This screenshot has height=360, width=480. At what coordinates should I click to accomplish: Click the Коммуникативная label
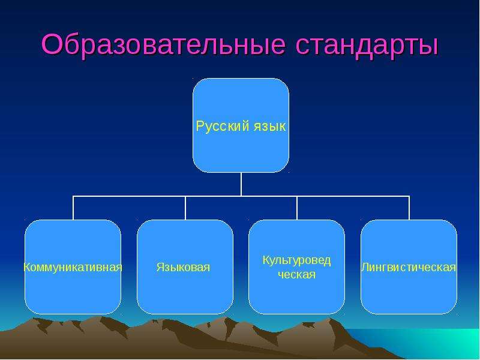coord(73,267)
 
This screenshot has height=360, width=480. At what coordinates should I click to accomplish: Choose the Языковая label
coord(183,267)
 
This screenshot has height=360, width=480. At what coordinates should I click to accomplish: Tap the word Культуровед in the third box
coord(296,260)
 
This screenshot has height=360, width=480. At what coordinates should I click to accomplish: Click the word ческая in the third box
coord(296,275)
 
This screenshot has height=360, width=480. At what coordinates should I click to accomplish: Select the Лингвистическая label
coord(409,267)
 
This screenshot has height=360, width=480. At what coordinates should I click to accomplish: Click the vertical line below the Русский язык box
coord(241,184)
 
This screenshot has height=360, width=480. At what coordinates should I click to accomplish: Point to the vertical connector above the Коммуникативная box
coord(73,208)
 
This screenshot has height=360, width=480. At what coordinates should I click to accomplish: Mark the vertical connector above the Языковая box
coord(185,208)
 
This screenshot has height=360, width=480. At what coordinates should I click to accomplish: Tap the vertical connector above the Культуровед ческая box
coord(297,208)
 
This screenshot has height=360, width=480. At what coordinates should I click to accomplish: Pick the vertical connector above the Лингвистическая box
coord(409,208)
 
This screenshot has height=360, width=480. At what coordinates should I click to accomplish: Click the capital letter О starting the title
coord(52,44)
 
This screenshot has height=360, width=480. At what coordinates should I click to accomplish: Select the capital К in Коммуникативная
coord(27,267)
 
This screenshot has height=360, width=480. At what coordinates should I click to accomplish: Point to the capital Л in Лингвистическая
coord(365,267)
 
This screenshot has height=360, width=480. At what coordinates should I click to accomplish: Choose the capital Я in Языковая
coord(160,267)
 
